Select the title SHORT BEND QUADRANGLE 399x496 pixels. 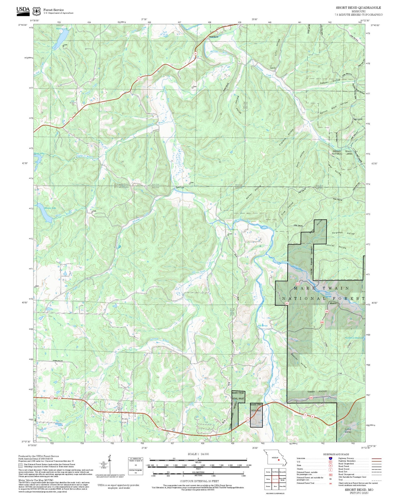tap(358, 8)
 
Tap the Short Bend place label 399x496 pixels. tap(213, 37)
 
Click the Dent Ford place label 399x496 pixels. tap(180, 187)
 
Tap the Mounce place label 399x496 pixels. tap(333, 303)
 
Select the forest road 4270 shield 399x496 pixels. tap(298, 284)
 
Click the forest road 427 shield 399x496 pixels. tap(287, 303)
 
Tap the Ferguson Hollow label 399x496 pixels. tap(343, 233)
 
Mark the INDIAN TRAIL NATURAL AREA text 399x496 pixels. tap(342, 153)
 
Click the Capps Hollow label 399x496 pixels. tap(317, 391)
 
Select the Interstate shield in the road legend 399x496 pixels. tap(331, 458)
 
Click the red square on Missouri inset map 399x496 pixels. tap(279, 460)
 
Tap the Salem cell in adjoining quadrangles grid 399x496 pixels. tap(268, 479)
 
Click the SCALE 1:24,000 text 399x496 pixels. tap(198, 454)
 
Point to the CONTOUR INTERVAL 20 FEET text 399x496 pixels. tap(199, 481)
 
